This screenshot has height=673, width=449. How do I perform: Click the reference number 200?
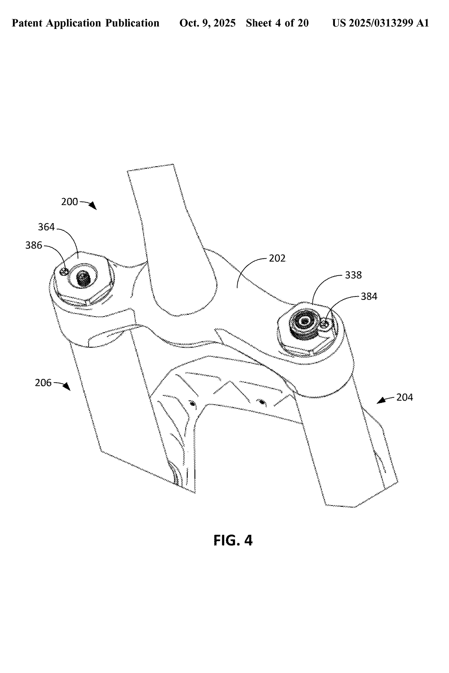69,202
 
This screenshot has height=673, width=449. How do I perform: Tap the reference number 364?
46,227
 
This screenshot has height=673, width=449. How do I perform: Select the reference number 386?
34,245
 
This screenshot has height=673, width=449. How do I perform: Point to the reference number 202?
277,258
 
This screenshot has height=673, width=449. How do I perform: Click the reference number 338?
353,275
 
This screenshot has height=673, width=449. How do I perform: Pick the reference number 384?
369,296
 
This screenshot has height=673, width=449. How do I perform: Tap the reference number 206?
43,383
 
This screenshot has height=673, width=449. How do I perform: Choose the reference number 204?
404,397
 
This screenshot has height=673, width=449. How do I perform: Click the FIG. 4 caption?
233,540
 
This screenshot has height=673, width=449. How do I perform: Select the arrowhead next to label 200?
93,206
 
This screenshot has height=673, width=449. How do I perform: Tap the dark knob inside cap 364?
82,278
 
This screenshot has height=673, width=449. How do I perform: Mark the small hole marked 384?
325,324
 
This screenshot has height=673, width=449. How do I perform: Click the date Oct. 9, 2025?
207,23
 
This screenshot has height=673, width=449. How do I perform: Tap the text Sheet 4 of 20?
277,23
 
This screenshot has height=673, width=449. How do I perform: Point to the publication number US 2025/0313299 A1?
380,23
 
